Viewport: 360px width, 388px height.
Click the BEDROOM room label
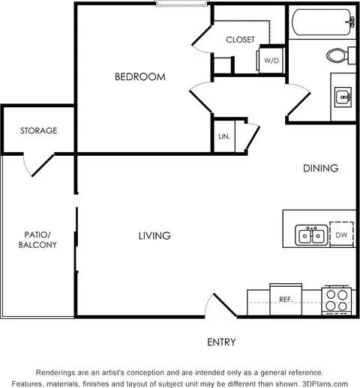[140, 76]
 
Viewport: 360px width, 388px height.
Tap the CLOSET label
[240, 40]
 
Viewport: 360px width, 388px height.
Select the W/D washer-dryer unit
[271, 60]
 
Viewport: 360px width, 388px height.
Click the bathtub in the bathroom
[322, 22]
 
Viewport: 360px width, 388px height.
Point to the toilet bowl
[337, 55]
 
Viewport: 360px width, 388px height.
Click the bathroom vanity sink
[343, 97]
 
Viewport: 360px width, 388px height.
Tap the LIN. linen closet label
[224, 136]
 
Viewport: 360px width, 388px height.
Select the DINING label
[321, 168]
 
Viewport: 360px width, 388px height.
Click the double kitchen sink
[311, 235]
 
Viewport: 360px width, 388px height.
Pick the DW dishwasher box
[341, 234]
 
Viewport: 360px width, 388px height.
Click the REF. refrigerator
[286, 300]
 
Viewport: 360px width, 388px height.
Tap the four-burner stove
[337, 300]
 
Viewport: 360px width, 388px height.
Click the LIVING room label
[154, 236]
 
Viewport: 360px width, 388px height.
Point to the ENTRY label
[221, 342]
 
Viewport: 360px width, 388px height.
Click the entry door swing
[220, 306]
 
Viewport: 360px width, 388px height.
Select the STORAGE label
[39, 130]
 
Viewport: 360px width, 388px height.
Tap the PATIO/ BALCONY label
[37, 240]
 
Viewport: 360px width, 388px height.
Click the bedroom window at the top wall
[181, 4]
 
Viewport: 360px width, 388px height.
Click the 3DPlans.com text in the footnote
[325, 384]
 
